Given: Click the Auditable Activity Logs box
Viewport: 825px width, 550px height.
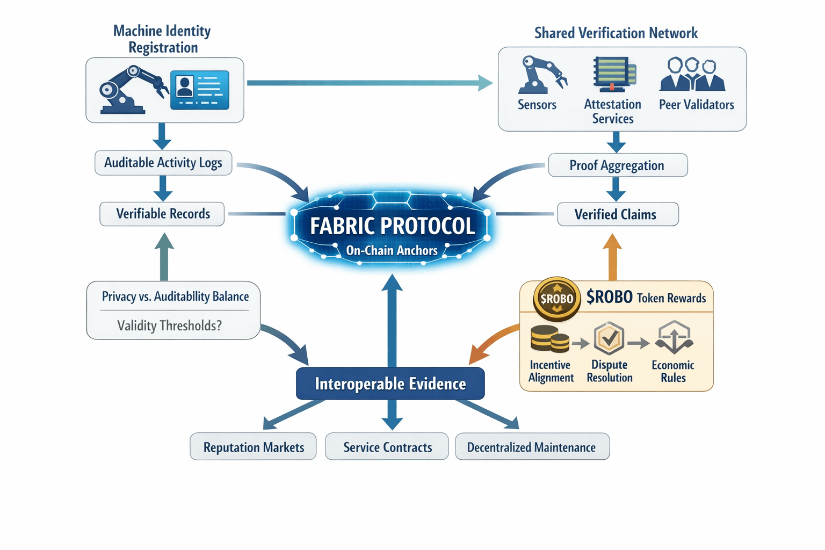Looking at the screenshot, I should click(163, 163).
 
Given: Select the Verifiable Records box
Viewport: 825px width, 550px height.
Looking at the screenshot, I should click(162, 214).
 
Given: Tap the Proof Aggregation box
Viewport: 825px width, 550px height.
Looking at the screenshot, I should click(617, 165).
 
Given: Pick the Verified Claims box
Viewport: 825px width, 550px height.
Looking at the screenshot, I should click(618, 214).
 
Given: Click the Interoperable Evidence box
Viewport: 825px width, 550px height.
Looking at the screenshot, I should click(390, 383).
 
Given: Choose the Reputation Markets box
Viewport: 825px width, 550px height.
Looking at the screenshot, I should click(254, 447).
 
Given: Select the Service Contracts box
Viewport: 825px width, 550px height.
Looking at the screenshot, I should click(387, 447).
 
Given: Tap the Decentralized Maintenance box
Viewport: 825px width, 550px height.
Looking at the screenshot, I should click(532, 447).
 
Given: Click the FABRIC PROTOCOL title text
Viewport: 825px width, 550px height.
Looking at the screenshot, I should click(392, 226).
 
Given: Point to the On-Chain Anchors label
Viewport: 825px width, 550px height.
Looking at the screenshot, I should click(392, 250).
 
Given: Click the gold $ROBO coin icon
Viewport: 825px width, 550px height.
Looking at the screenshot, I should click(556, 299).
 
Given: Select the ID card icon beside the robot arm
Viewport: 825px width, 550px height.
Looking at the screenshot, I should click(200, 90).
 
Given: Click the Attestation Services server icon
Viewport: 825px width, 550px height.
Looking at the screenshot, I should click(614, 74).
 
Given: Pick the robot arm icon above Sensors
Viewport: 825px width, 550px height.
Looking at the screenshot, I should click(540, 74).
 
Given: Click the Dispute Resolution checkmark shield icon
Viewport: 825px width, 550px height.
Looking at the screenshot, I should click(609, 338).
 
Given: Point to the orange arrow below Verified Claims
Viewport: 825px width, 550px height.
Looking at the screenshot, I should click(612, 258).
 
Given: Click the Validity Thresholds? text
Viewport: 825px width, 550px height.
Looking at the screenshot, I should click(169, 325).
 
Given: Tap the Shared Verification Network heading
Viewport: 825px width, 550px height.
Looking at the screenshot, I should click(616, 33).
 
